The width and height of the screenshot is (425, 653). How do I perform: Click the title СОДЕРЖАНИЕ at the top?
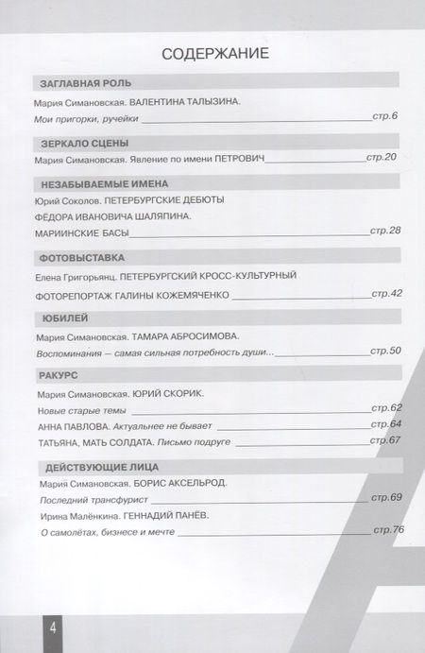tap(216, 52)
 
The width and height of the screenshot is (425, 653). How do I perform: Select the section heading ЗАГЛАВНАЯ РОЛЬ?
tap(78, 82)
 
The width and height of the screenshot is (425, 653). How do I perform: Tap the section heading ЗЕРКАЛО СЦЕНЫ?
tap(75, 143)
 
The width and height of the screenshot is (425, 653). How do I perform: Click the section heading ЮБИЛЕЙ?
tap(56, 318)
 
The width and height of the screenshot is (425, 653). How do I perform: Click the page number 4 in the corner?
tap(27, 627)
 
